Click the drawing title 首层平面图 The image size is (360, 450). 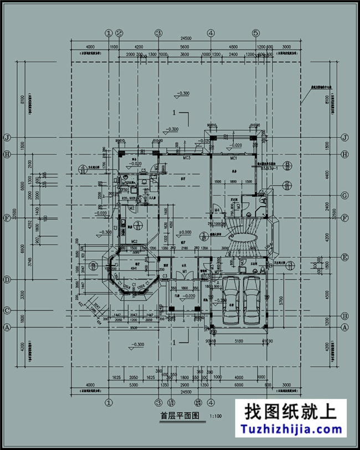pyautogui.click(x=176, y=415)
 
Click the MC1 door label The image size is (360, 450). pyautogui.click(x=234, y=158)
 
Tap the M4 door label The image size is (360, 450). pyautogui.click(x=218, y=209)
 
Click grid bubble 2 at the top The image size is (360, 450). pyautogui.click(x=119, y=33)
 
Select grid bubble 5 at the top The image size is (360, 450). pyautogui.click(x=255, y=33)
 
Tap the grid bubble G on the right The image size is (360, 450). pyautogui.click(x=344, y=195)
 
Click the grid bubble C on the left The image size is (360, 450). pyautogui.click(x=8, y=310)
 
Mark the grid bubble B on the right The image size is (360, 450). pyautogui.click(x=344, y=316)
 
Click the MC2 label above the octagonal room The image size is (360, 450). pyautogui.click(x=134, y=241)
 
